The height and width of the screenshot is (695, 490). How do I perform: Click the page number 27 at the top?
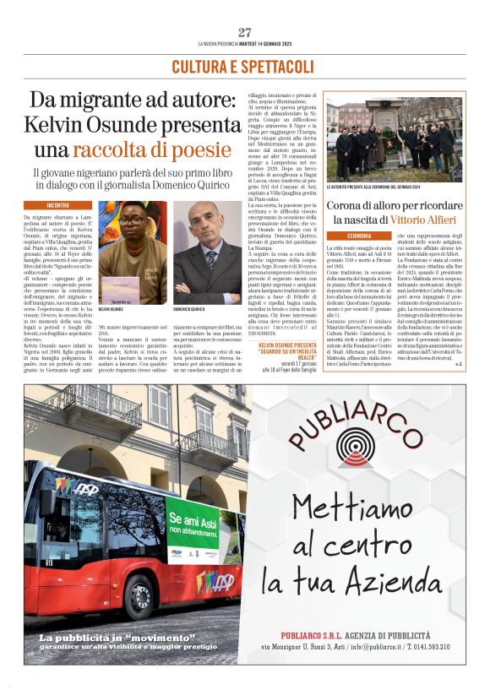click(x=244, y=32)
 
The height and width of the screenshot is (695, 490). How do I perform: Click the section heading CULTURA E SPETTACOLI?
click(x=243, y=66)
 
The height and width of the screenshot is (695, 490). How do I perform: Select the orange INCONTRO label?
click(x=58, y=205)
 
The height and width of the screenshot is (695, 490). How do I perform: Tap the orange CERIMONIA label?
click(x=347, y=236)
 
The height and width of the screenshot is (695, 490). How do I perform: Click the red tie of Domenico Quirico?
click(x=209, y=271)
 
